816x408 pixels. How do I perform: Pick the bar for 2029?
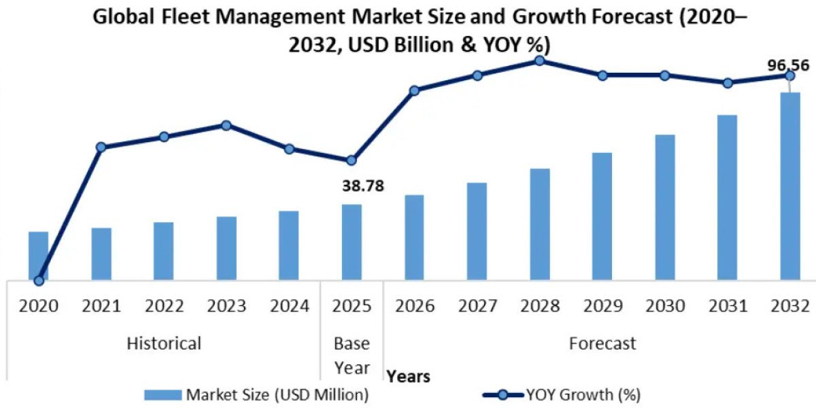(x=602, y=216)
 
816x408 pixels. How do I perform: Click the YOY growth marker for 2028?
(x=539, y=61)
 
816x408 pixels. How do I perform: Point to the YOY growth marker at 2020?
(x=39, y=280)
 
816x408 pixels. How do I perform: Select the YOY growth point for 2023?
(x=226, y=125)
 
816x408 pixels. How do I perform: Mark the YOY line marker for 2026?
(x=414, y=90)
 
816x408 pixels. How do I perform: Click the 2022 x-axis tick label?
(x=163, y=306)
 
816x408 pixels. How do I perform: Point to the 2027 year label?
(x=477, y=306)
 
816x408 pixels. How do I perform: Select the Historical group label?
(x=164, y=343)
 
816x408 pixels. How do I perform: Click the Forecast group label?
(x=602, y=343)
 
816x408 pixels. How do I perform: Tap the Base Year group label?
(x=352, y=356)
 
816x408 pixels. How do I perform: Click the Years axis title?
(x=408, y=376)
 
